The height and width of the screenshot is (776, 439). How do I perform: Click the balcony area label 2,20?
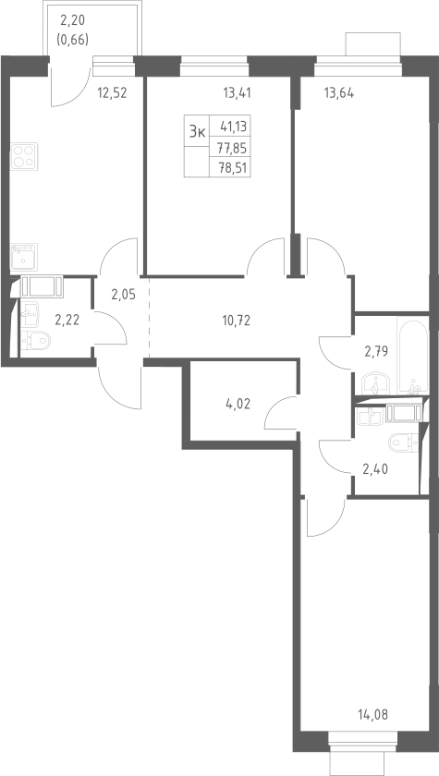pyautogui.click(x=72, y=21)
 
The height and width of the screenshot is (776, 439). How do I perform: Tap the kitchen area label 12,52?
pyautogui.click(x=112, y=93)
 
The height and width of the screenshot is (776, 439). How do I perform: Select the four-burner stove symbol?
pyautogui.click(x=24, y=156)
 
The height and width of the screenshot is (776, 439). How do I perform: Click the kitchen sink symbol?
pyautogui.click(x=24, y=257)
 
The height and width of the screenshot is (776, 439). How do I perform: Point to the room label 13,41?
pyautogui.click(x=238, y=93)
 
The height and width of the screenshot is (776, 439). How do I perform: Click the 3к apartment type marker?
pyautogui.click(x=197, y=131)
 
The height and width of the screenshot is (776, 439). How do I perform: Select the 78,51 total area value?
pyautogui.click(x=233, y=167)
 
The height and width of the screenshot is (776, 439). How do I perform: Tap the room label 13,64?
pyautogui.click(x=339, y=93)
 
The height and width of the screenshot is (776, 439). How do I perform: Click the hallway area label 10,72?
pyautogui.click(x=236, y=321)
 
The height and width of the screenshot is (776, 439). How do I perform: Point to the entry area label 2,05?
pyautogui.click(x=123, y=295)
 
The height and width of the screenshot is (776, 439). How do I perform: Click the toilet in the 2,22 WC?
pyautogui.click(x=36, y=341)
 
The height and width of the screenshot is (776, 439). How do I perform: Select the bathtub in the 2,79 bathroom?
pyautogui.click(x=412, y=358)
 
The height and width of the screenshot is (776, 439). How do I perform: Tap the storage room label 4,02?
pyautogui.click(x=238, y=405)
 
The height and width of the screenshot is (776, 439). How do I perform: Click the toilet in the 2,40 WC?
pyautogui.click(x=404, y=442)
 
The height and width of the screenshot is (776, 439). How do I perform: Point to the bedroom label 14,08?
pyautogui.click(x=372, y=715)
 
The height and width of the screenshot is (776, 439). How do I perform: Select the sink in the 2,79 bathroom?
pyautogui.click(x=375, y=384)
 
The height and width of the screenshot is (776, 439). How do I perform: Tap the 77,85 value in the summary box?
pyautogui.click(x=233, y=148)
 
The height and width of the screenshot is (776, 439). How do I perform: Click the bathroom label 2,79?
pyautogui.click(x=376, y=352)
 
